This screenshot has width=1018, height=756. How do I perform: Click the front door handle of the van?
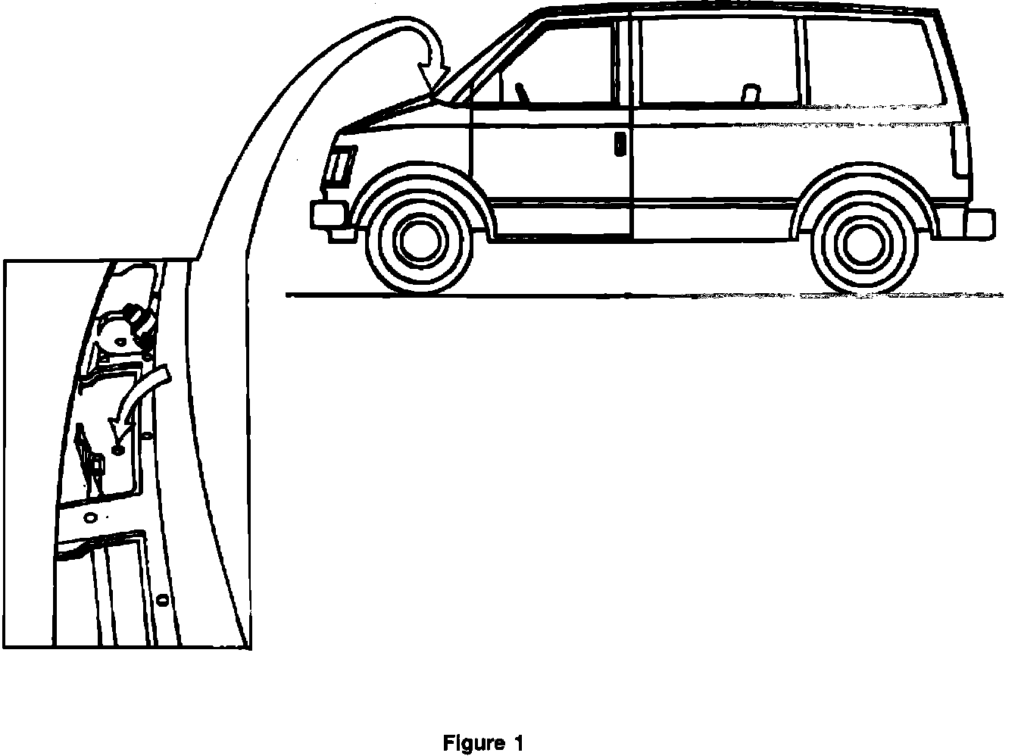(x=620, y=144)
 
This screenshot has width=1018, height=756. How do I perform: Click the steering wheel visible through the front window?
(x=522, y=93)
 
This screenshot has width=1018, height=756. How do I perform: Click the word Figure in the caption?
(x=473, y=743)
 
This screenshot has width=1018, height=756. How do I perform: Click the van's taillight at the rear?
(x=962, y=148)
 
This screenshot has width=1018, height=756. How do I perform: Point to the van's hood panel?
(x=394, y=115)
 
